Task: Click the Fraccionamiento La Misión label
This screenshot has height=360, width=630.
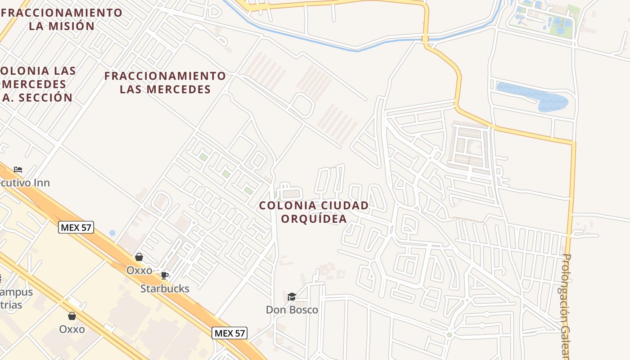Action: click(62, 19)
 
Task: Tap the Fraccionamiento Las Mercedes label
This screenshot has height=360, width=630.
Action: click(165, 82)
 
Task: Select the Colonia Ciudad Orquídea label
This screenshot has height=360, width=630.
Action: click(314, 212)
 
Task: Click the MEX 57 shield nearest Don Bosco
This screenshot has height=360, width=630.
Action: click(229, 333)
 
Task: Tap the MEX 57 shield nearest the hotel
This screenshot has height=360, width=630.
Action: click(76, 227)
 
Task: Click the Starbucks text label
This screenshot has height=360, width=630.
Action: click(165, 288)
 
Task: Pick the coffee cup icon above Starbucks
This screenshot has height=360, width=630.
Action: click(165, 275)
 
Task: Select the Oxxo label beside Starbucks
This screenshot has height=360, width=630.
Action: click(139, 271)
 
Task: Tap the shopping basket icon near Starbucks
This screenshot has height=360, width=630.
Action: click(139, 257)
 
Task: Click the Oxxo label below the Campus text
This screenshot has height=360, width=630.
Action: click(72, 329)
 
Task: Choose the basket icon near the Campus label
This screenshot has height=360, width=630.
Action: click(72, 316)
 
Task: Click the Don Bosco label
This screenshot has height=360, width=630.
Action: click(292, 310)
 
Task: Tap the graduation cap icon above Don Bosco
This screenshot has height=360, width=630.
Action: click(292, 297)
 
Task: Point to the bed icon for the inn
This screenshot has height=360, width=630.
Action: click(18, 170)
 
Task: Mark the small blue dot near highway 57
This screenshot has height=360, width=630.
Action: click(112, 233)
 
